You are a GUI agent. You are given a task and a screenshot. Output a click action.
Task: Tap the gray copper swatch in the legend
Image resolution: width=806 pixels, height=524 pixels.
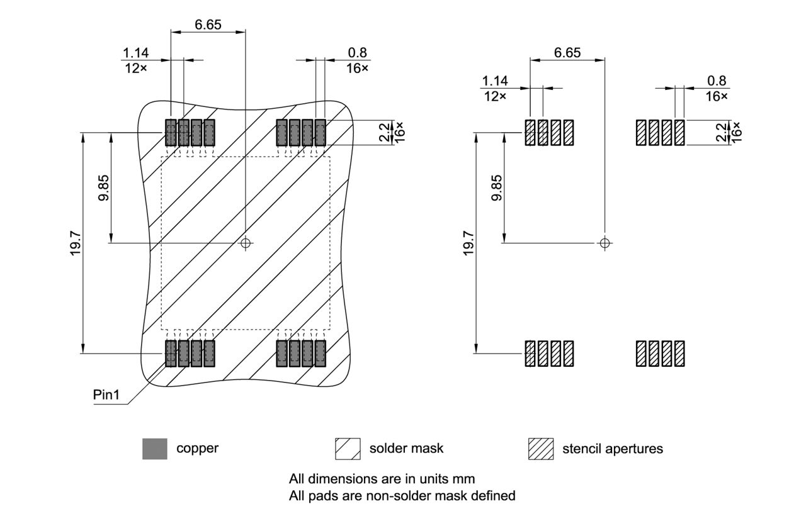pos(155,449)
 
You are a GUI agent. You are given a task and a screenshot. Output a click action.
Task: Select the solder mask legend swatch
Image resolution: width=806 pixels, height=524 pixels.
pos(348,449)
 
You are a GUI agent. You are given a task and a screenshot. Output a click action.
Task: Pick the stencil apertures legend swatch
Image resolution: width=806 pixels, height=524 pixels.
pos(540,449)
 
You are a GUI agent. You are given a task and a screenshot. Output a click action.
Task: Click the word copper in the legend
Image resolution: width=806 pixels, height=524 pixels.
pos(197,449)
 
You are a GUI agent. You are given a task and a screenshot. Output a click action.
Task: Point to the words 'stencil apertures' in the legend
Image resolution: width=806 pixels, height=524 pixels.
pos(612,449)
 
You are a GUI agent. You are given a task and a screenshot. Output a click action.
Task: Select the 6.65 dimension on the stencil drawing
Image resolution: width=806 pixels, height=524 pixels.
pos(567,52)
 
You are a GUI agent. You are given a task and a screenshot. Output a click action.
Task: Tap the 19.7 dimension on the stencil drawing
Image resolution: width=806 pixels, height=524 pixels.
pos(469,243)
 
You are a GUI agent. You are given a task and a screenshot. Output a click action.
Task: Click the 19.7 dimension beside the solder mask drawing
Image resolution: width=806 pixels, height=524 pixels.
pos(76,243)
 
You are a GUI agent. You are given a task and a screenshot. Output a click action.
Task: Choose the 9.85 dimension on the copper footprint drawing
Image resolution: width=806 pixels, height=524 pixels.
pos(104,187)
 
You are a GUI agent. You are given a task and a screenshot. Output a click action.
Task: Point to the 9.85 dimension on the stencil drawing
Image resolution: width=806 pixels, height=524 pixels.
pos(497,187)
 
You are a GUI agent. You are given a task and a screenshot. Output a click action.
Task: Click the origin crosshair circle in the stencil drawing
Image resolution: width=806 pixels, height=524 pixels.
pos(604,243)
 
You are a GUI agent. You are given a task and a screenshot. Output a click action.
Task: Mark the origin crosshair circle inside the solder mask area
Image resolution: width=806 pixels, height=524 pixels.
pos(246,243)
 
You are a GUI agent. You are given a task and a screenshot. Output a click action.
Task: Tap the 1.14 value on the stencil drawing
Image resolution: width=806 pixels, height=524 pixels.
pos(495,81)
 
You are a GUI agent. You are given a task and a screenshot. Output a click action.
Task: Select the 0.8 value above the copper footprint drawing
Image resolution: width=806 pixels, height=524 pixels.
pos(357,53)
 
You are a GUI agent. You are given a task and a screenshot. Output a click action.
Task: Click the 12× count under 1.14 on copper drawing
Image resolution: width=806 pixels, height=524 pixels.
pos(134,67)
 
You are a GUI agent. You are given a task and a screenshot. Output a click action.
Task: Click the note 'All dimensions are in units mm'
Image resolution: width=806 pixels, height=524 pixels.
pos(382,478)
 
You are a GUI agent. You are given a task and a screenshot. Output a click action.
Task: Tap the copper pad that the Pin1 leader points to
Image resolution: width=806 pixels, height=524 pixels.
pos(171,353)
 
